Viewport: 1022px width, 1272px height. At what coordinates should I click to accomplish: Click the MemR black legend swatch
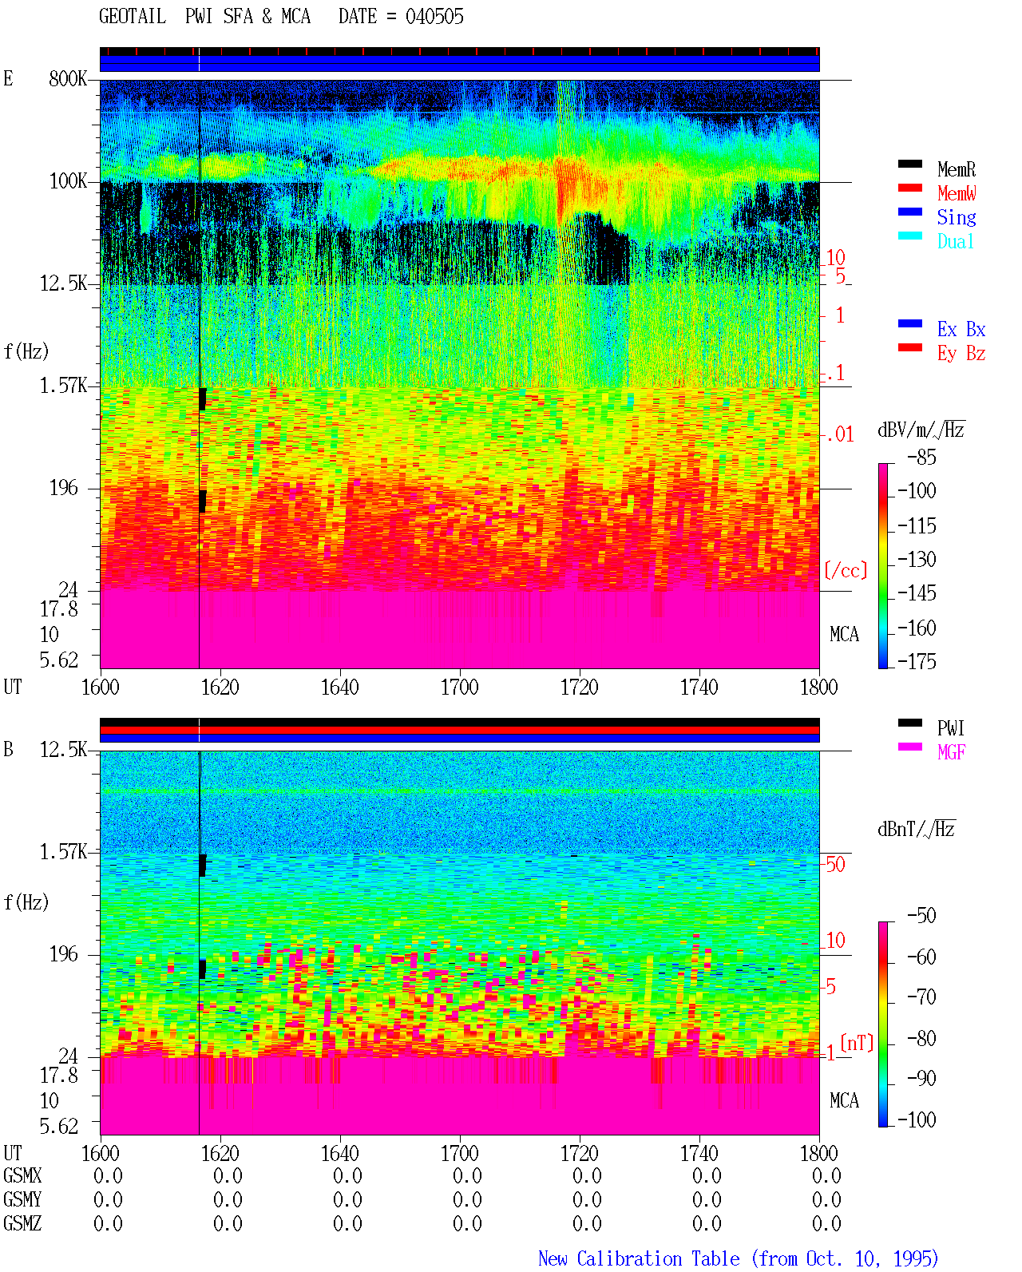click(x=909, y=164)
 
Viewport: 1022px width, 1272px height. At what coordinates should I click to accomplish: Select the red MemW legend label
click(x=956, y=193)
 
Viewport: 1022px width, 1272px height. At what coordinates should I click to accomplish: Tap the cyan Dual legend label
click(x=955, y=241)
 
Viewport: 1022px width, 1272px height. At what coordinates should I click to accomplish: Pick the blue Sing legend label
click(x=956, y=217)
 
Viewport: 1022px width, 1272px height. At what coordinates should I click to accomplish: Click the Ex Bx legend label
click(x=961, y=329)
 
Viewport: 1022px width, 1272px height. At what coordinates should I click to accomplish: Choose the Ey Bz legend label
click(x=961, y=354)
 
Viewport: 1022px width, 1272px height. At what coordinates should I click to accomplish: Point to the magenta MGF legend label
click(x=951, y=752)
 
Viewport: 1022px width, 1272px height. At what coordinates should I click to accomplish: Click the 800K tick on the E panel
click(x=68, y=78)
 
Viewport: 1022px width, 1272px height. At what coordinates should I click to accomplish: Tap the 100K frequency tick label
click(x=68, y=181)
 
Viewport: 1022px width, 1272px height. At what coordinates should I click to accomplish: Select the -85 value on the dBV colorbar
click(x=921, y=457)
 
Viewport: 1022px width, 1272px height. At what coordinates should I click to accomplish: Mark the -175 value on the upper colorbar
click(x=917, y=661)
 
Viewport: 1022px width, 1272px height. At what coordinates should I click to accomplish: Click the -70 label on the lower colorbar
click(x=921, y=997)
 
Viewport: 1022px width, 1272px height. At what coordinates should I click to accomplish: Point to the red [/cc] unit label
click(x=846, y=570)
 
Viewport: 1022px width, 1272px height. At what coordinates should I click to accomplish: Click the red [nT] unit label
click(x=857, y=1043)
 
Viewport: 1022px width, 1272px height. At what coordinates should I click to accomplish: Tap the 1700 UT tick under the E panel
click(x=459, y=688)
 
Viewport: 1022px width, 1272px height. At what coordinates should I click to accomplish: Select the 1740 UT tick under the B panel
click(x=699, y=1153)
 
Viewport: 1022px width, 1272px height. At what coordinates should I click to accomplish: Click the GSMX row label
click(x=22, y=1175)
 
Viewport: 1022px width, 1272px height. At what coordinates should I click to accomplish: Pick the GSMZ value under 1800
click(x=826, y=1223)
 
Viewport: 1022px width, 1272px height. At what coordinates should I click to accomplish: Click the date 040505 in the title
click(x=434, y=17)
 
